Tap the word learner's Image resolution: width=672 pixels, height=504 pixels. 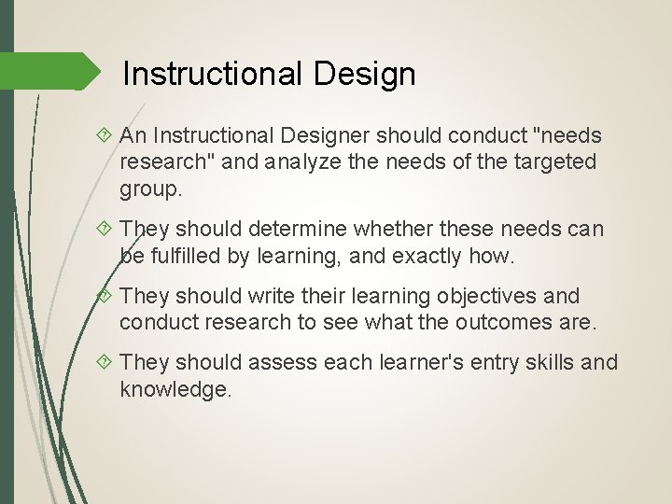coord(421,362)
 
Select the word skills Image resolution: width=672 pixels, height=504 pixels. coord(548,362)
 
